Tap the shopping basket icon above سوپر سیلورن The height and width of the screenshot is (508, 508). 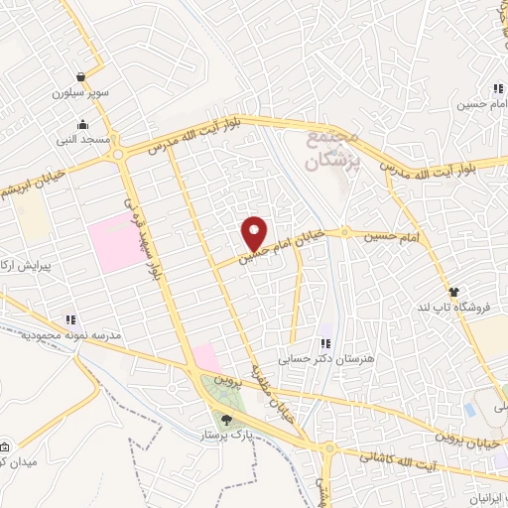point(80,76)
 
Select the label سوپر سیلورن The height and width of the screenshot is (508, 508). point(79,95)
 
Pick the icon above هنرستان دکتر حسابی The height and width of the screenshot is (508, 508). point(323,345)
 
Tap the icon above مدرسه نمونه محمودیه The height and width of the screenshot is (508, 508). point(70,319)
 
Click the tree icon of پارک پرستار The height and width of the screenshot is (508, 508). point(227,420)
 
